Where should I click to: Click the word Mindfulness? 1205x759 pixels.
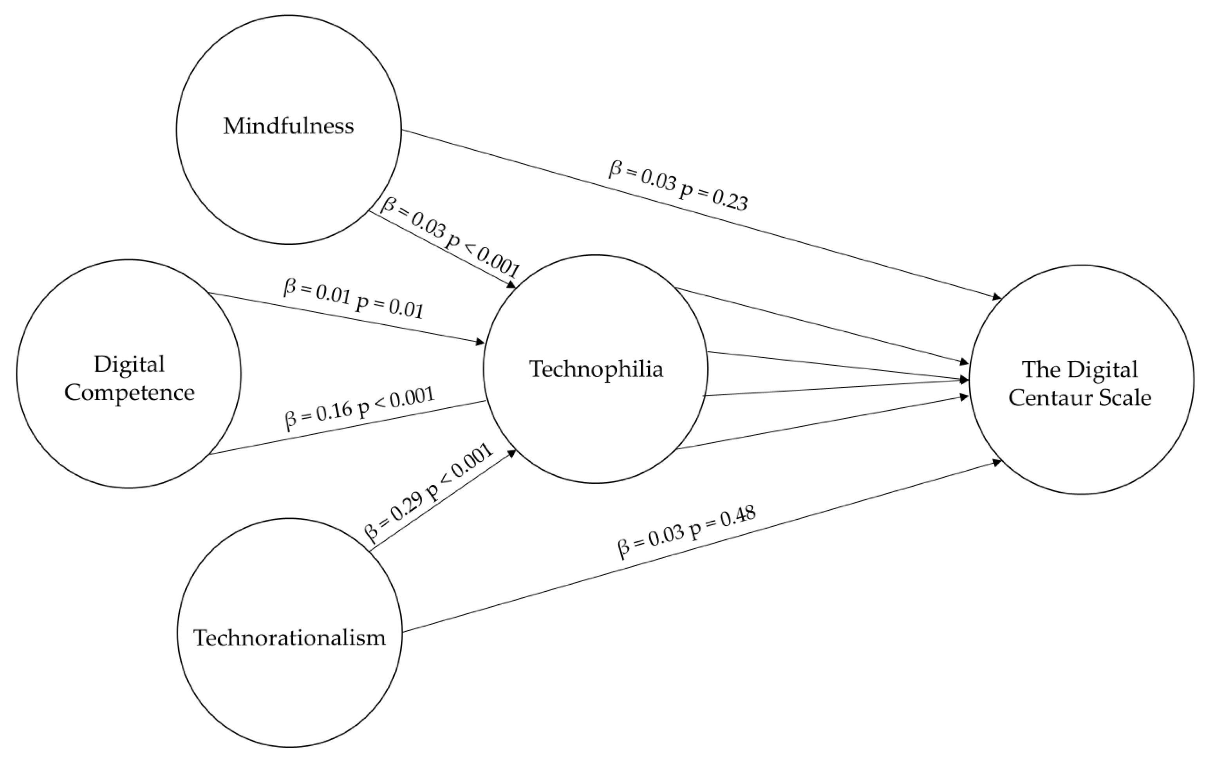coord(288,126)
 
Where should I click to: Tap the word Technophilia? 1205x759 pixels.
coord(596,370)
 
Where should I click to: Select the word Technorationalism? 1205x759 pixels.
coord(289,638)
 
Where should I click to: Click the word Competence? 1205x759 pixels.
coord(129,393)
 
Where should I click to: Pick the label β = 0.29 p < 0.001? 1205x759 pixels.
coord(428,493)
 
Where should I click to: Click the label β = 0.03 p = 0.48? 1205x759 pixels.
coord(687,532)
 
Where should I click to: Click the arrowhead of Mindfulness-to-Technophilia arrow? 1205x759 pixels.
coord(511,285)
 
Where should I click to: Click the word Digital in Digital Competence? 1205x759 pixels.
coord(129,364)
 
